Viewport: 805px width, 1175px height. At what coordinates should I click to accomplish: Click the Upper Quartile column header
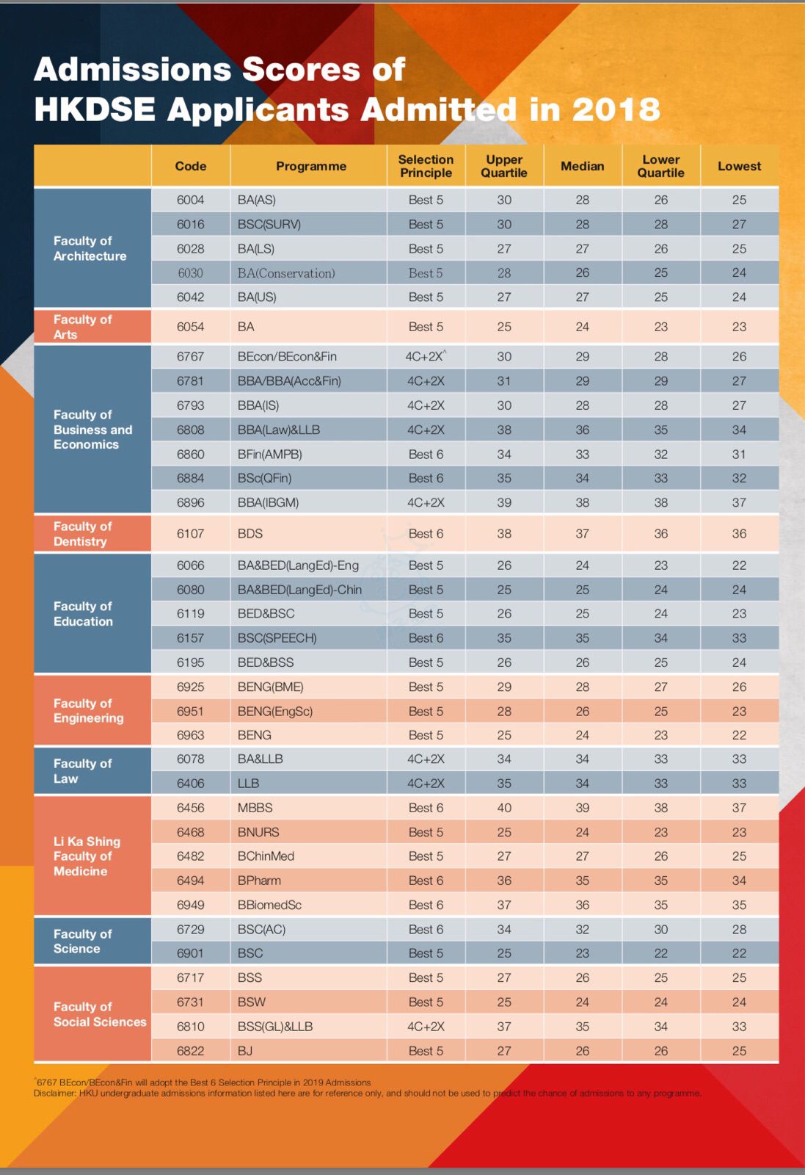point(504,166)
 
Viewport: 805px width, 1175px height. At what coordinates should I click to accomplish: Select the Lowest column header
point(739,166)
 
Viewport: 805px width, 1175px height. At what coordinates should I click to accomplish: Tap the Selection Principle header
point(426,166)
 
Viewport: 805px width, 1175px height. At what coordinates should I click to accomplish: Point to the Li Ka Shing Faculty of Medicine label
point(87,856)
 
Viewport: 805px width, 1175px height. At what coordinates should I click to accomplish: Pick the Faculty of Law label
point(82,771)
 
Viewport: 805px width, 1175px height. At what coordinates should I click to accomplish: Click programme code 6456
point(190,808)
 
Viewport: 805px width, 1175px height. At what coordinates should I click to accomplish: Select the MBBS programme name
point(255,808)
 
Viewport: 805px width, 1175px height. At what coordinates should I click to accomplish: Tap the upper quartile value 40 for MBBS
point(504,808)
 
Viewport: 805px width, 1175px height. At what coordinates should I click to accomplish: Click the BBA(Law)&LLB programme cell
point(279,430)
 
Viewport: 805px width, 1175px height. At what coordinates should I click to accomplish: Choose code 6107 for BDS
point(190,534)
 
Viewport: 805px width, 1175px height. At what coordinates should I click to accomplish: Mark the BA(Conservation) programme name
point(286,273)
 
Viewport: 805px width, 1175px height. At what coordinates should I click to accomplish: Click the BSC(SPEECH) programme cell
point(277,638)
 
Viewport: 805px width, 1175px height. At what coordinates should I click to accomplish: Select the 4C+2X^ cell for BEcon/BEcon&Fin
point(426,356)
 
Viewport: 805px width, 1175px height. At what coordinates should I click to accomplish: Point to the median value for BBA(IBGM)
point(582,502)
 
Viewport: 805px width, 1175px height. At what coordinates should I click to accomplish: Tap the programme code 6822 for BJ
point(190,1051)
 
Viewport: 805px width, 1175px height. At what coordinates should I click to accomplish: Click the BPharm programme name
point(259,881)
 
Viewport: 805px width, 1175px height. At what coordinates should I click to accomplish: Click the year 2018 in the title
point(616,110)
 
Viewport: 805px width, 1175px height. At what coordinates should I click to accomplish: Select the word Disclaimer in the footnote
point(54,1093)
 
